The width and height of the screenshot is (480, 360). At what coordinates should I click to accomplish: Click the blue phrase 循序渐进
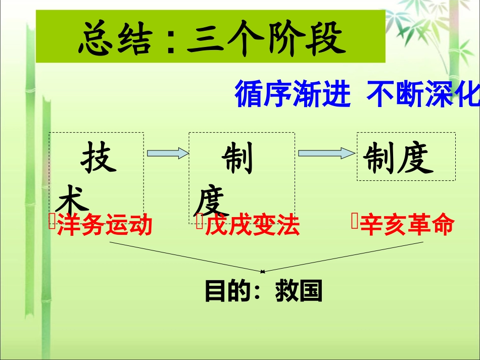point(293,94)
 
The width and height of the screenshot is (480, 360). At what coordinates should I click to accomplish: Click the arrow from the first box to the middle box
point(167,153)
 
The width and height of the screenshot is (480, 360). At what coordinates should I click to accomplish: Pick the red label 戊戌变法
point(252,226)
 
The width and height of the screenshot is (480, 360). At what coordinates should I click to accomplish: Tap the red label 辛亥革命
point(407,225)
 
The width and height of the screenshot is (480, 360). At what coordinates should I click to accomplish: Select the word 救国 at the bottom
point(299,291)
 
